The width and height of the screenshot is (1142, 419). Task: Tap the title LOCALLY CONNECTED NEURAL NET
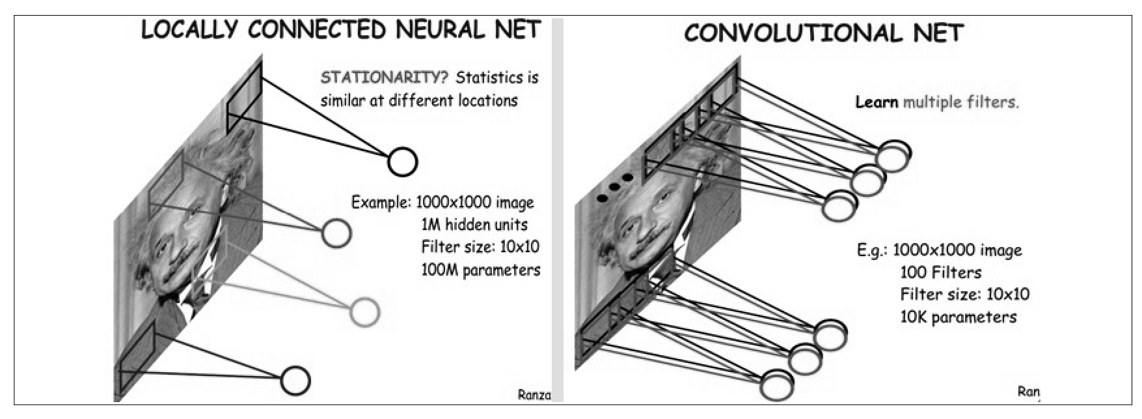(341, 30)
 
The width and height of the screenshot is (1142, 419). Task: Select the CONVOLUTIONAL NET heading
(824, 33)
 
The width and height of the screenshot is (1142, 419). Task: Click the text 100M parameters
(481, 270)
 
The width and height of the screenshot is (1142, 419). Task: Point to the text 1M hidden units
(474, 225)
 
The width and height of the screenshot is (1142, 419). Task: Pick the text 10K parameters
(958, 317)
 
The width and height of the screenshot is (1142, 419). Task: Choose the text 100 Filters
(941, 272)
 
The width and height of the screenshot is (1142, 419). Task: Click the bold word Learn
(877, 102)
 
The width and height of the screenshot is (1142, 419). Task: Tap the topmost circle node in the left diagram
(403, 161)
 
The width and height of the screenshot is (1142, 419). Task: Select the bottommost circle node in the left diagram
(295, 381)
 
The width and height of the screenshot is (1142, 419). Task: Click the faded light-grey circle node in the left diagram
(364, 311)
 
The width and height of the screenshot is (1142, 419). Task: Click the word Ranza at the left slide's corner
(534, 394)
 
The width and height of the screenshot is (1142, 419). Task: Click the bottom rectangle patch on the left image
(137, 358)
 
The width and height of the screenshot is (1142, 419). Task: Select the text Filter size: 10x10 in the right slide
(965, 295)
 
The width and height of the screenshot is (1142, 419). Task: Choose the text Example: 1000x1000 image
(442, 202)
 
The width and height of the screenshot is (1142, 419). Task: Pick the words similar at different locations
(419, 100)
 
